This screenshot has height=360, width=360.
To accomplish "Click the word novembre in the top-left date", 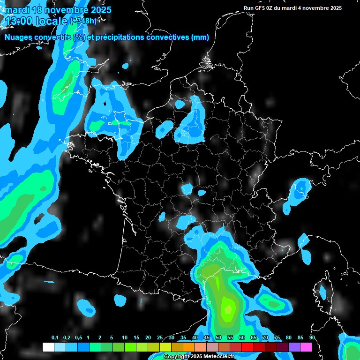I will (x=68, y=9).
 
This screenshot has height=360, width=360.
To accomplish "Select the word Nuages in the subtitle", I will (x=20, y=37).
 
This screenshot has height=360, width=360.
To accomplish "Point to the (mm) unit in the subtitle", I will (x=200, y=37).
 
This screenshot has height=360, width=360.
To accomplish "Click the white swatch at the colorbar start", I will (x=48, y=347).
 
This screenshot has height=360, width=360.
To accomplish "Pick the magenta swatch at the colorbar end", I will (x=306, y=347).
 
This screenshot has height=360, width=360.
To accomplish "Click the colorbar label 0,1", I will (x=55, y=337).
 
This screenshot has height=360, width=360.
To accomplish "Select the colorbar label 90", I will (x=312, y=337).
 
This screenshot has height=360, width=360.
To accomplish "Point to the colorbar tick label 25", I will (x=160, y=337).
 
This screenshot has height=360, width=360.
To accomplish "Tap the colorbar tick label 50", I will (x=218, y=337).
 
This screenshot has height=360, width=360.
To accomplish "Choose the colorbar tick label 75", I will (x=277, y=337).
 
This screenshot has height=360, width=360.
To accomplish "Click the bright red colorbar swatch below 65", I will (x=247, y=347).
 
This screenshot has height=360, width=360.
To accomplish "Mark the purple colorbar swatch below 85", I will (x=294, y=347).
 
